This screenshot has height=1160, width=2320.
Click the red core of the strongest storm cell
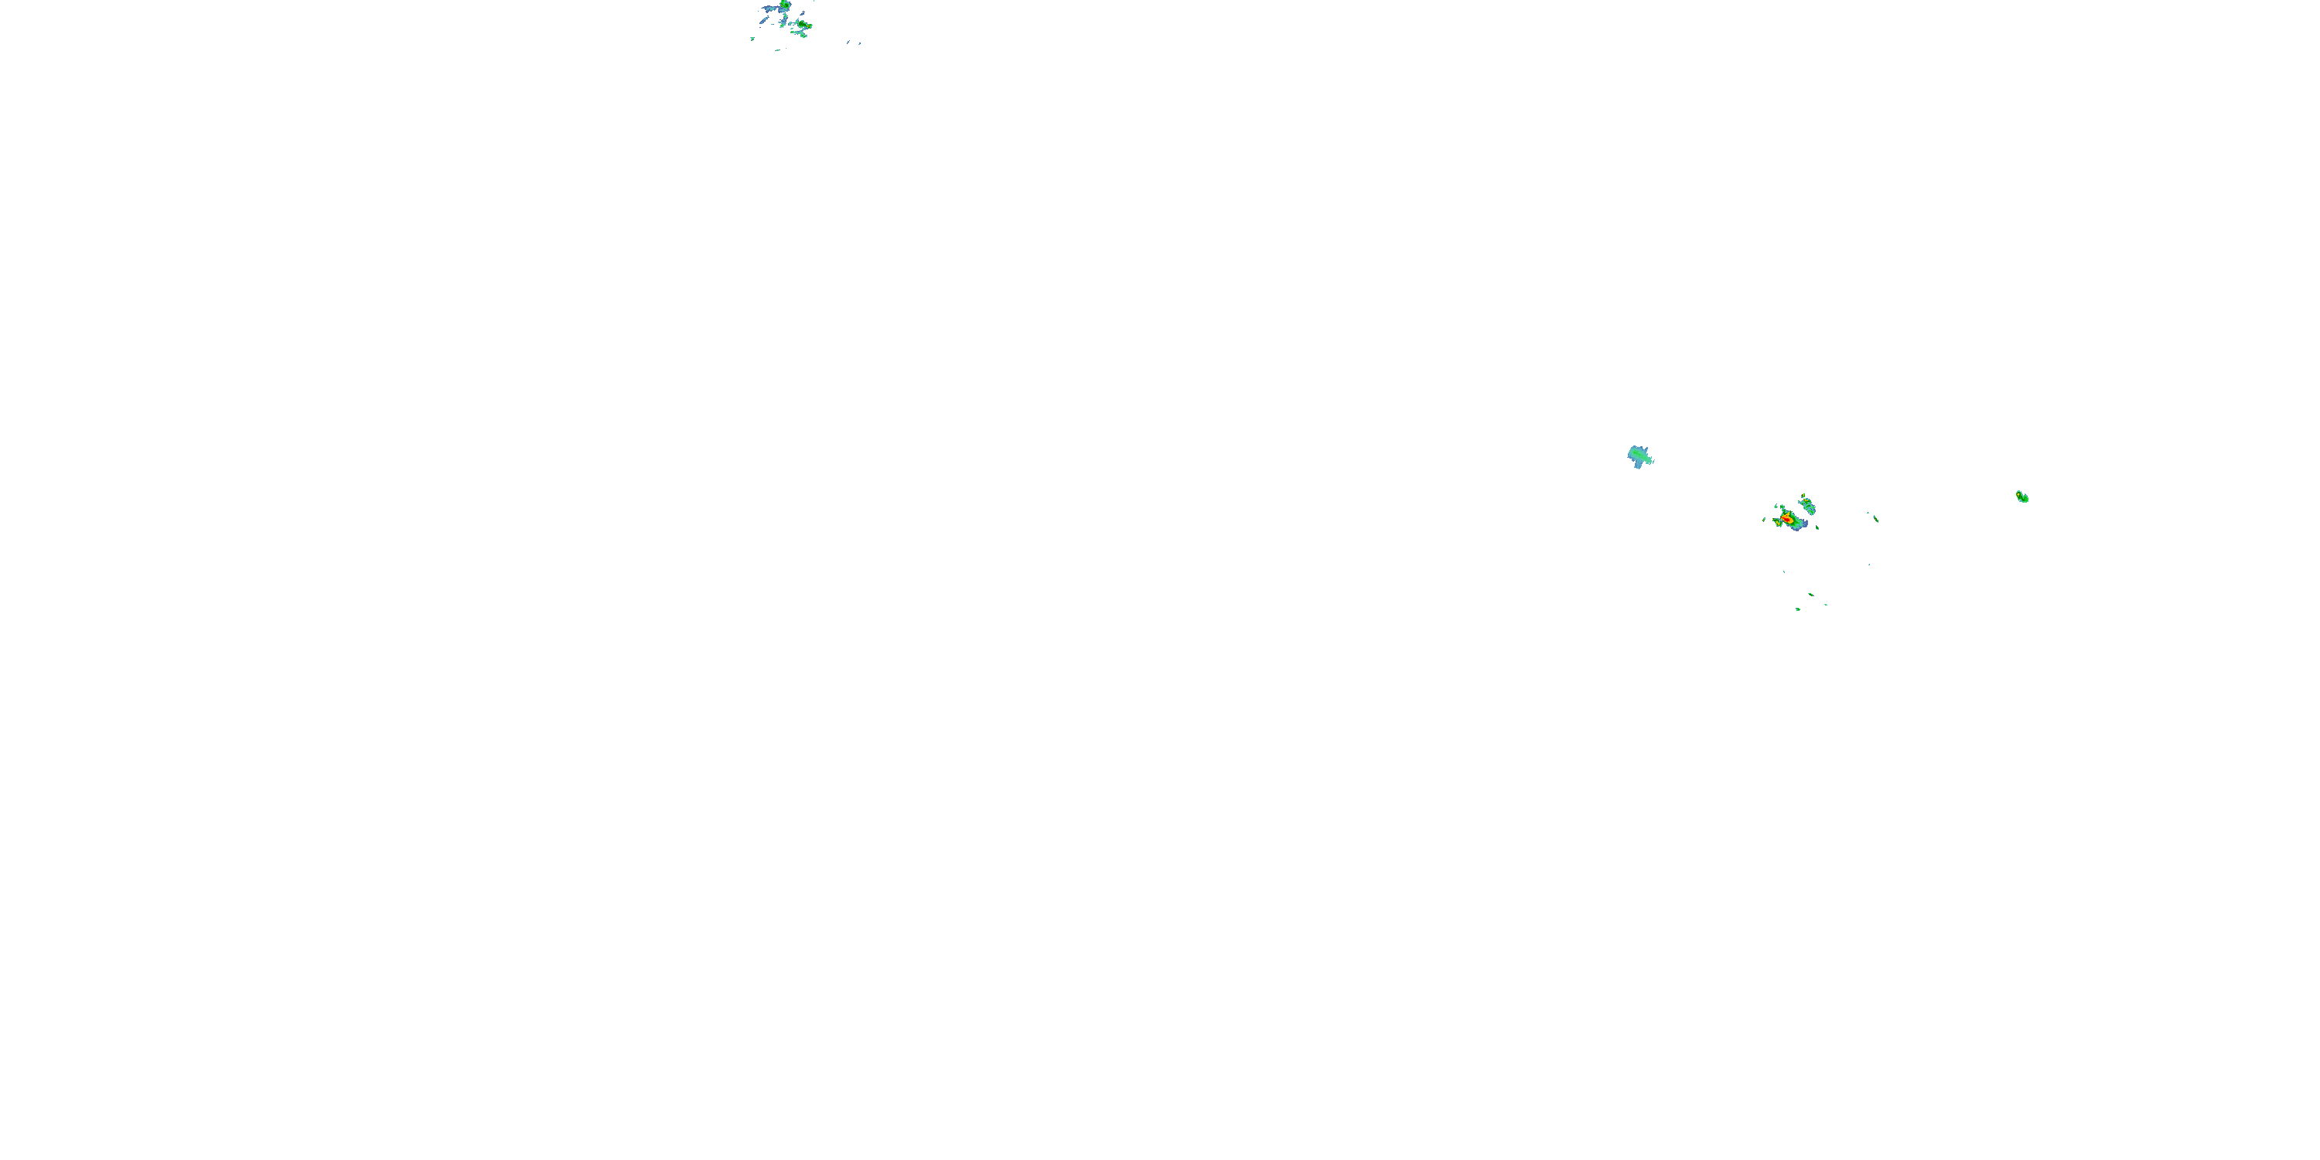[x=1787, y=520]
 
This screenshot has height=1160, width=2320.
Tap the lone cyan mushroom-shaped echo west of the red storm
[x=1640, y=456]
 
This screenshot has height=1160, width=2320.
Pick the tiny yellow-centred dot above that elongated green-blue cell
[x=1804, y=496]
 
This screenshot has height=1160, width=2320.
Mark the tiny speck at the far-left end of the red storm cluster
[x=1763, y=520]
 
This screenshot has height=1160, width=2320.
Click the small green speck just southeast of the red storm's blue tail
[x=1817, y=527]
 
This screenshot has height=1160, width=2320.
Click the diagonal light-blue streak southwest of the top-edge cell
[x=764, y=21]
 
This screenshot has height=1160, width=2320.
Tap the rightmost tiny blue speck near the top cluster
[x=858, y=43]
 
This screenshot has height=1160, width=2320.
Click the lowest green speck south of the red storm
[x=1798, y=609]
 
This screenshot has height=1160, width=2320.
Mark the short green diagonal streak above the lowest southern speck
[x=1811, y=595]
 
